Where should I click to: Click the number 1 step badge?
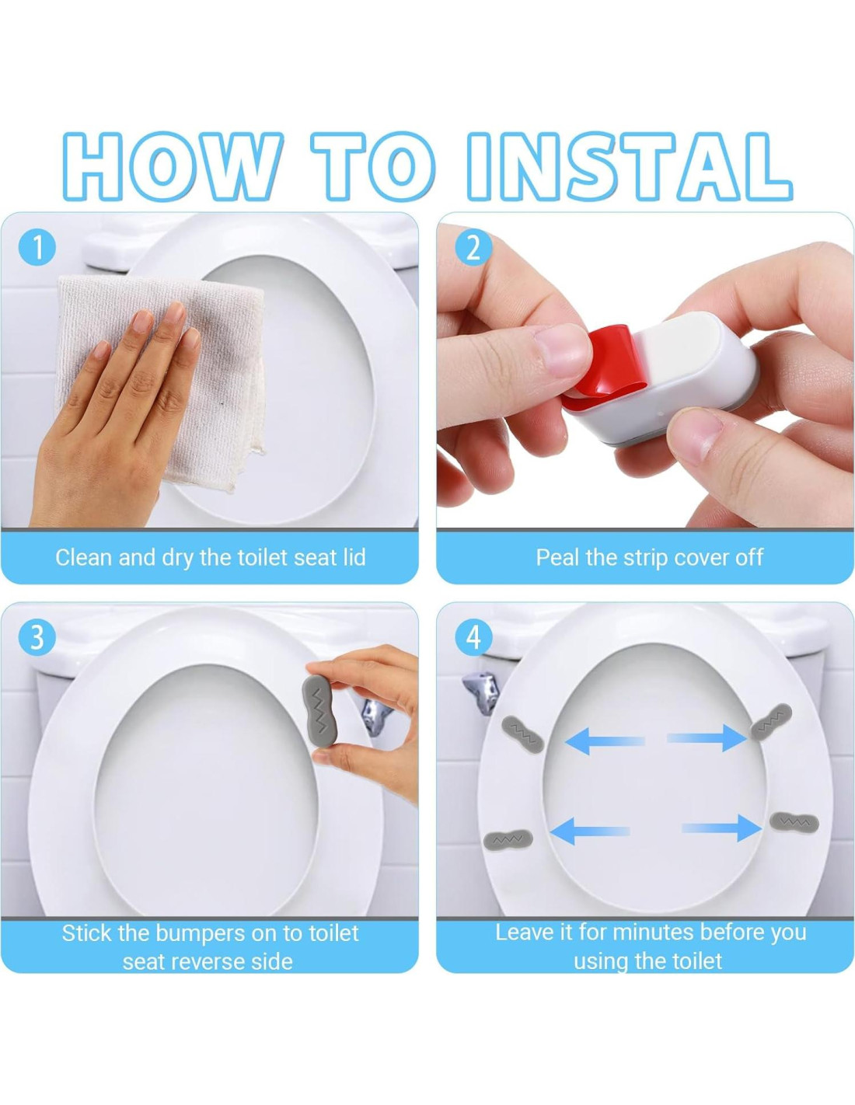click(x=37, y=247)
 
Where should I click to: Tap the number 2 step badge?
click(x=473, y=248)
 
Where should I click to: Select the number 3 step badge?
click(x=37, y=636)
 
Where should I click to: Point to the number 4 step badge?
click(x=473, y=636)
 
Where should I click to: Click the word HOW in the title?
click(x=173, y=166)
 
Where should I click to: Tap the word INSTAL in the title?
click(x=630, y=166)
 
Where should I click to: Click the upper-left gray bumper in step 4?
click(x=523, y=734)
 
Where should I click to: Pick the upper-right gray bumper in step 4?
click(x=772, y=722)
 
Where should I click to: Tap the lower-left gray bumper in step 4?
click(x=508, y=837)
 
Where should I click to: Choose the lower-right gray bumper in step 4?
click(x=794, y=821)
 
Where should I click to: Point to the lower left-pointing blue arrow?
click(x=590, y=831)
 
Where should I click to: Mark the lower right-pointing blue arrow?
click(x=722, y=828)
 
